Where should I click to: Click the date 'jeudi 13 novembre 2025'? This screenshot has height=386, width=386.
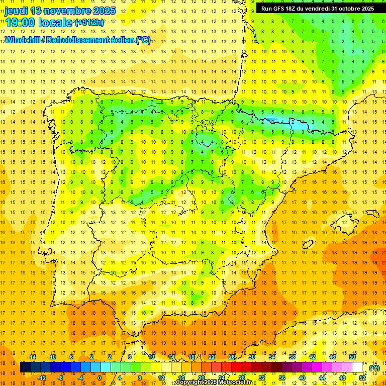(x=60, y=11)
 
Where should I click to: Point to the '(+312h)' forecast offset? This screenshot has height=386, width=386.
(x=89, y=23)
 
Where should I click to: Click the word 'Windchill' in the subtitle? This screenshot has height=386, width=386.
(x=25, y=40)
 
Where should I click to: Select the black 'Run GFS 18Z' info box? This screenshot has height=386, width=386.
(x=317, y=9)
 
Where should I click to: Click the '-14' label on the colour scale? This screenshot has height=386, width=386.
(x=33, y=357)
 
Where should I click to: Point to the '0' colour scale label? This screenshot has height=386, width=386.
(x=99, y=378)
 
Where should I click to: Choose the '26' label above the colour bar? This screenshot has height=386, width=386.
(x=232, y=357)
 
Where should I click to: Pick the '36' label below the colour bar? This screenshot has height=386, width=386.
(x=282, y=378)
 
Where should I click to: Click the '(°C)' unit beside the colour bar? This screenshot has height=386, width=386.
(x=374, y=368)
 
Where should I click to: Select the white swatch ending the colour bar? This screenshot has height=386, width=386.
(x=357, y=367)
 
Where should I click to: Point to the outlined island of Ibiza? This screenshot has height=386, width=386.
(x=307, y=245)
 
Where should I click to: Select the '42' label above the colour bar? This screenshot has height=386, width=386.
(x=312, y=357)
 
